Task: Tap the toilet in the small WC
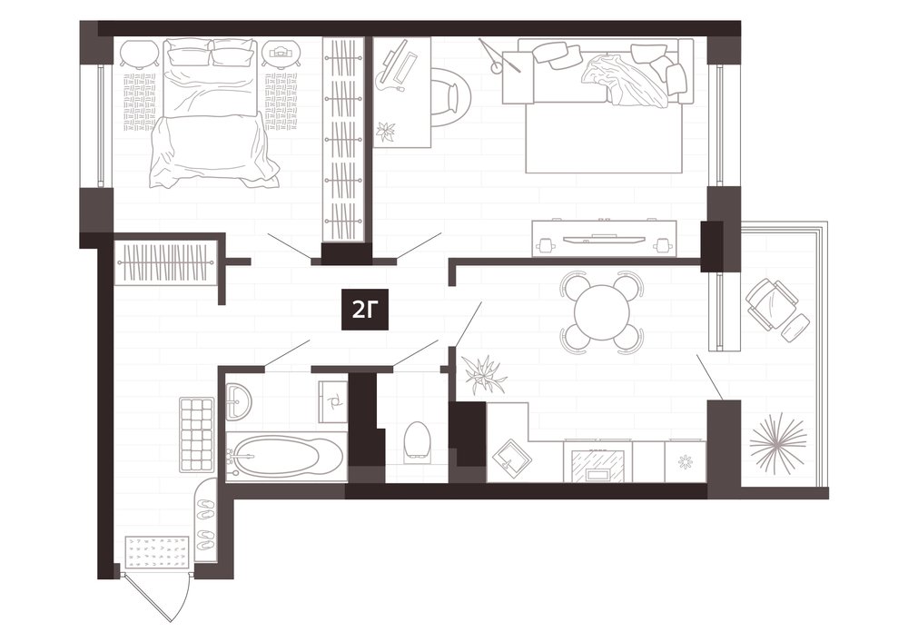417,441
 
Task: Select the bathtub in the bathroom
286,456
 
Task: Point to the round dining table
602,312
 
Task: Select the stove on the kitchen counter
597,460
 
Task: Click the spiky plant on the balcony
778,441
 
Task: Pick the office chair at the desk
450,97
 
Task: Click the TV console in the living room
605,238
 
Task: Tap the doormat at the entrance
158,552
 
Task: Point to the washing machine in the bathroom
332,400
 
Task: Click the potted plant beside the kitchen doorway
485,374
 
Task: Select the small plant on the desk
385,132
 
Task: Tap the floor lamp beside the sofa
498,60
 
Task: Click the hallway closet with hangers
165,262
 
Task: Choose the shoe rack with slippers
205,522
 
